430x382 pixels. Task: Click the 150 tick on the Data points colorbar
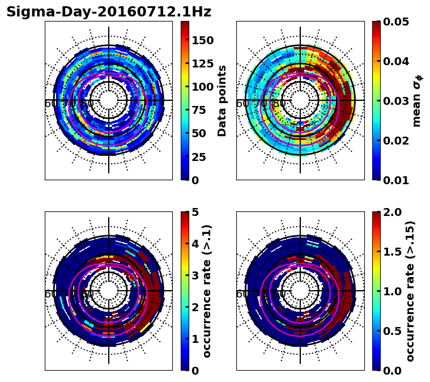coord(202,40)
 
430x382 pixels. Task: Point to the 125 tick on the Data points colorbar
coord(202,63)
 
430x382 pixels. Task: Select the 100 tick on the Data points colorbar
coord(202,87)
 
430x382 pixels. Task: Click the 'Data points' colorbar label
coord(222,101)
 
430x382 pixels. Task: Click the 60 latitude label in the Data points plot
coord(51,104)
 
